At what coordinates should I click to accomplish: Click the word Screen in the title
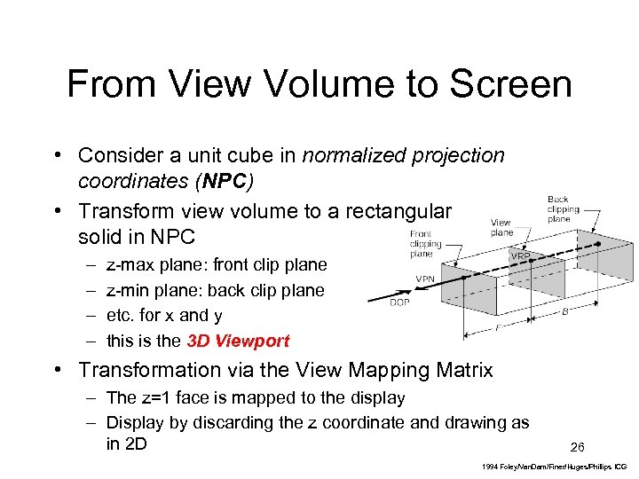pyautogui.click(x=510, y=85)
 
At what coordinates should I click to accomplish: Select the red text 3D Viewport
pyautogui.click(x=238, y=341)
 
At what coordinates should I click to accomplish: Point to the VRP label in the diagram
pyautogui.click(x=521, y=255)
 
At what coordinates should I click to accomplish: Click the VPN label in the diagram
pyautogui.click(x=425, y=278)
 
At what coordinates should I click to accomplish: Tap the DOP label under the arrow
pyautogui.click(x=400, y=302)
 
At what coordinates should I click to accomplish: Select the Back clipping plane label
pyautogui.click(x=563, y=209)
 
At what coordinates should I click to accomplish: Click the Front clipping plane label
pyautogui.click(x=425, y=244)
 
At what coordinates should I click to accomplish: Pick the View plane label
pyautogui.click(x=501, y=228)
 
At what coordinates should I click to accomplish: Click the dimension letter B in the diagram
pyautogui.click(x=564, y=311)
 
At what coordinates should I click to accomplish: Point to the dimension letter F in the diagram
pyautogui.click(x=497, y=326)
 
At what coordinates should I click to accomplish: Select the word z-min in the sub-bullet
pyautogui.click(x=127, y=290)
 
